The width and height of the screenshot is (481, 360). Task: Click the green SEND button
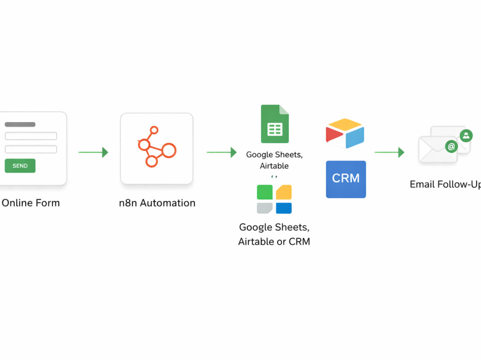point(20,166)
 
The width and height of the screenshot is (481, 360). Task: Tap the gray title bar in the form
point(20,124)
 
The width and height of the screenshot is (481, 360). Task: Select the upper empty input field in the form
point(31,136)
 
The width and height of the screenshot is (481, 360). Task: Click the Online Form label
point(31,203)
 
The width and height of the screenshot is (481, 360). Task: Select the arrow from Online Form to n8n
point(93,152)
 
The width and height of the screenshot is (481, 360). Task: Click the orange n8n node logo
point(157,147)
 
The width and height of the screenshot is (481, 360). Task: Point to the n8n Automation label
point(157,203)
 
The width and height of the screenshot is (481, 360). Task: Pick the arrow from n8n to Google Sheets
point(221,152)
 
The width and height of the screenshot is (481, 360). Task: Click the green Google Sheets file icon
point(275,124)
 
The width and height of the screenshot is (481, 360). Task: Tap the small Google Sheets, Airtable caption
point(274,160)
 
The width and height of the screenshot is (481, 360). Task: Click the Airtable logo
point(345,133)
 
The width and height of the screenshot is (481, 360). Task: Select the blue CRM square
point(346,179)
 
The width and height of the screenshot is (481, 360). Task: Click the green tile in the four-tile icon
point(265,192)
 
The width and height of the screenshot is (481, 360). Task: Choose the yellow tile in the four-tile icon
point(284,192)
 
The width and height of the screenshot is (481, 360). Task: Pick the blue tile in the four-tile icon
point(284,208)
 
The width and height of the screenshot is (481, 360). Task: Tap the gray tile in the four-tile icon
point(265,208)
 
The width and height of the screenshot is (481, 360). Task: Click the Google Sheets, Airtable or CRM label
point(274,234)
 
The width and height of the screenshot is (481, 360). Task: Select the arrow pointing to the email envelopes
point(389,152)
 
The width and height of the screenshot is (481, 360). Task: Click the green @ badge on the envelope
point(451,147)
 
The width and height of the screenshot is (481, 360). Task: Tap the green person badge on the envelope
point(466,136)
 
